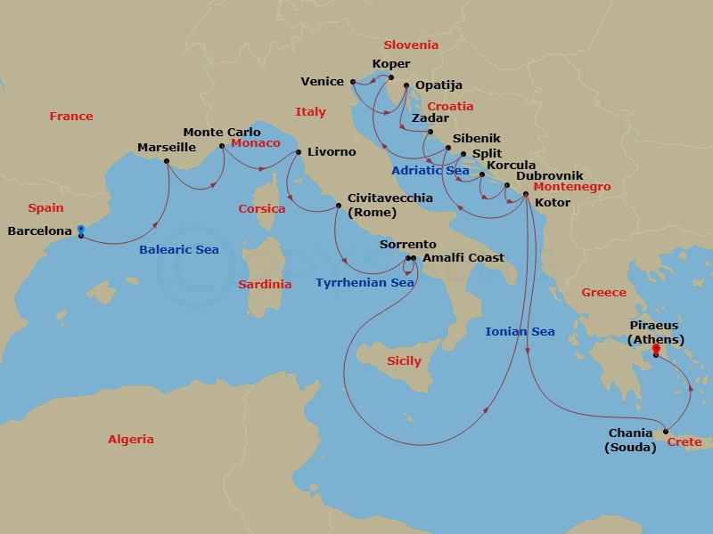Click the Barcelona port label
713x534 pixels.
(x=39, y=231)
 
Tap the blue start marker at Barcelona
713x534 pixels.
(x=81, y=229)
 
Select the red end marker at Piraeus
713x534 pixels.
(x=656, y=349)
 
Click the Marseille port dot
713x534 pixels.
(x=167, y=161)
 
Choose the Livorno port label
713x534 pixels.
(x=332, y=152)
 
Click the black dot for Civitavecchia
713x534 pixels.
(x=338, y=206)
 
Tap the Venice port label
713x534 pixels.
(x=322, y=82)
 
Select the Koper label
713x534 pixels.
(x=392, y=64)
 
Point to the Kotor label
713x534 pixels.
(x=553, y=203)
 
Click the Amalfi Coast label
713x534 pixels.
(x=463, y=258)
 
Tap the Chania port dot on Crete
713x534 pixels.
(x=666, y=432)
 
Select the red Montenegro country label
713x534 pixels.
(x=571, y=188)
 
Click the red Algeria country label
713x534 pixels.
(x=131, y=440)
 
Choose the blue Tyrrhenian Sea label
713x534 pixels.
(x=365, y=283)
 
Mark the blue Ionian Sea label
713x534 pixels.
(x=520, y=332)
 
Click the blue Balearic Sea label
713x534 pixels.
(x=178, y=250)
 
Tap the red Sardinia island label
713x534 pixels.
(x=265, y=285)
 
